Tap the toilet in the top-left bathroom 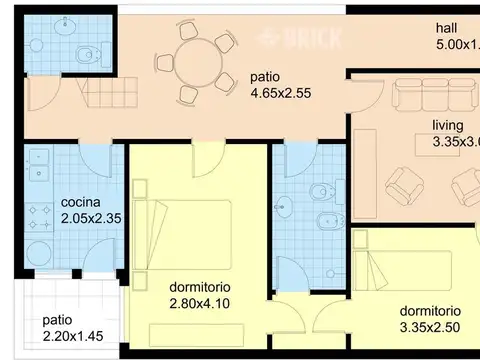87,53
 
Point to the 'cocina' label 79,199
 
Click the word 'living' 447,126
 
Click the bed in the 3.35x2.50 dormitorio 410,265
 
